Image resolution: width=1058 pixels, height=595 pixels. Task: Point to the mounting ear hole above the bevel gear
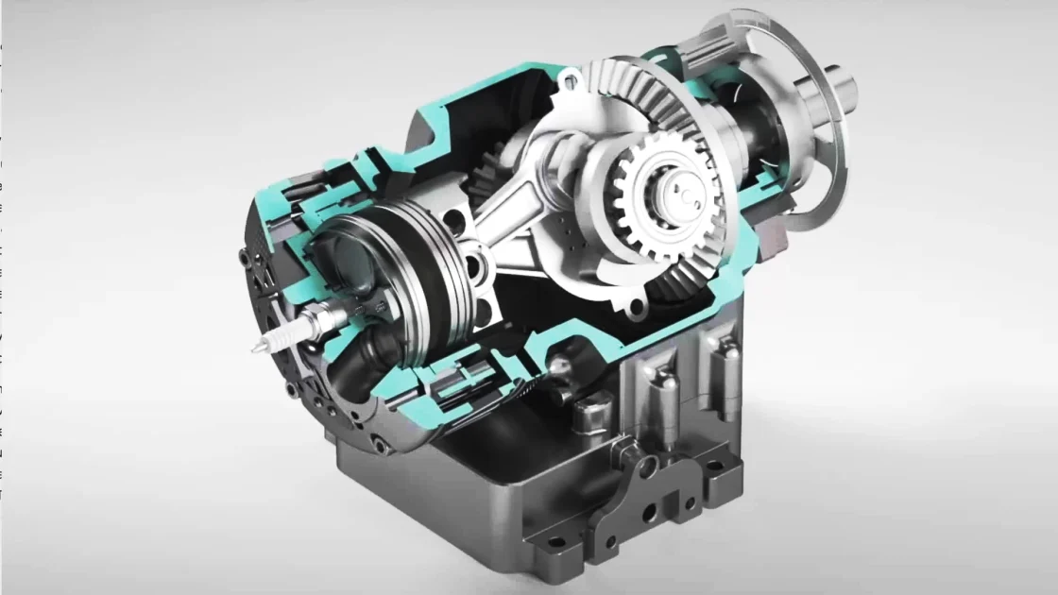click(x=568, y=83)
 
